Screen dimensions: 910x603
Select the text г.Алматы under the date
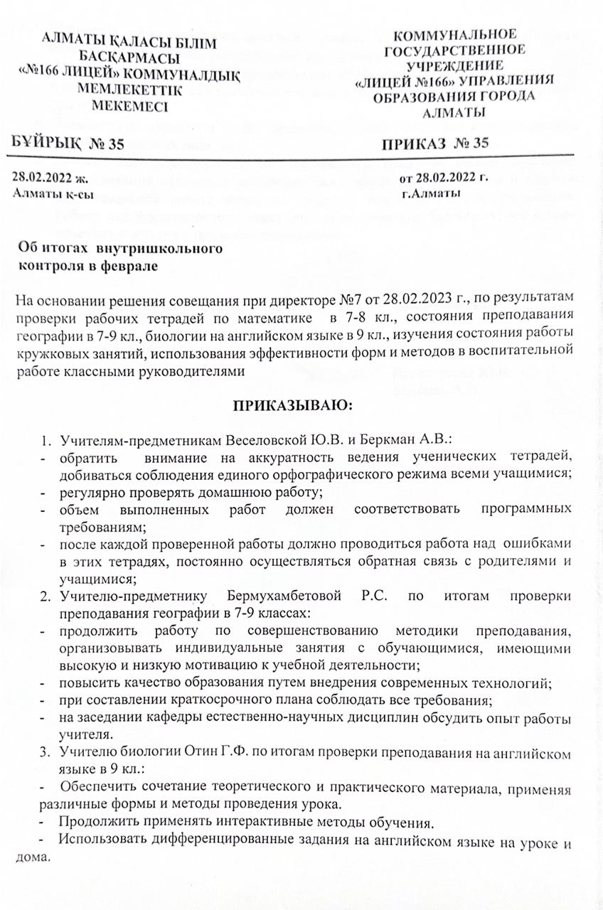coord(430,193)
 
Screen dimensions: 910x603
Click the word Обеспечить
coord(99,788)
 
